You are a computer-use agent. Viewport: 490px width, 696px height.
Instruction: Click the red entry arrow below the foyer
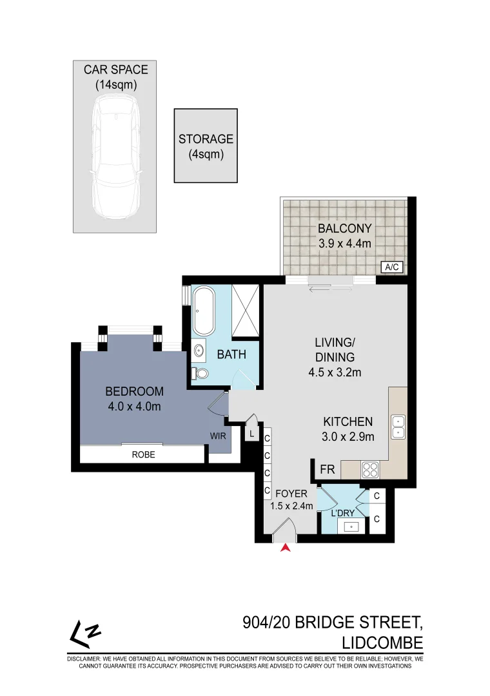coord(285,548)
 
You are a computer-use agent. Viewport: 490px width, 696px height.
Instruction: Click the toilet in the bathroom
coord(201,373)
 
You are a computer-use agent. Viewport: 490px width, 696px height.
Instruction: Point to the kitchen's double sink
coord(398,427)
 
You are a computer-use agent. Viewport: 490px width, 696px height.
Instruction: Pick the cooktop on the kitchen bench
coord(371,469)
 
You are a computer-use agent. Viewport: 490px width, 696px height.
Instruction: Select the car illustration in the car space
coord(115,157)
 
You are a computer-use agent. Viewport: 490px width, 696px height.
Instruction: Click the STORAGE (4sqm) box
coord(206,146)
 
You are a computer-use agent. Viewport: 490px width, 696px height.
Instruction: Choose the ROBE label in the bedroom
coord(143,454)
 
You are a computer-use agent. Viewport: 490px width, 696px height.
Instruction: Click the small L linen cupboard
coord(251,434)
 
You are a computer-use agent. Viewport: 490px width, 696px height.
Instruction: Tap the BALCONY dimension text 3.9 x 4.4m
coord(346,244)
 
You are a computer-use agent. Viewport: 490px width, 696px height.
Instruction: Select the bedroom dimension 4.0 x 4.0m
coord(133,406)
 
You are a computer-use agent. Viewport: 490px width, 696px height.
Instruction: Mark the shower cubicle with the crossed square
coord(244,311)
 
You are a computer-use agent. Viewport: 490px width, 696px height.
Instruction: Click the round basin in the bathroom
coord(198,351)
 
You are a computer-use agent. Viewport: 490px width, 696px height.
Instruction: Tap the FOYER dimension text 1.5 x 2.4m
coord(293,506)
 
